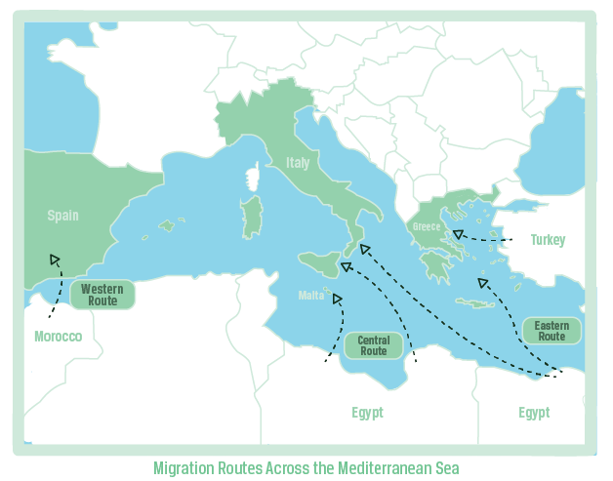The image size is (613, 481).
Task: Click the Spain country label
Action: (x=62, y=216)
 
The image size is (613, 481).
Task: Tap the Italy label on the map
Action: (x=298, y=163)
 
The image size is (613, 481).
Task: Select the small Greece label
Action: (x=427, y=226)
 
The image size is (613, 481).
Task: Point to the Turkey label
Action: (x=548, y=240)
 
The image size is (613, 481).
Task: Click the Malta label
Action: (x=310, y=296)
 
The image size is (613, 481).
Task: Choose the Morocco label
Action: (x=59, y=337)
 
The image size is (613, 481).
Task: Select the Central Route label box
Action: (x=373, y=345)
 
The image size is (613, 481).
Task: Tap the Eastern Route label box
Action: (x=552, y=331)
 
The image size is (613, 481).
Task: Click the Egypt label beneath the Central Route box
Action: (x=367, y=413)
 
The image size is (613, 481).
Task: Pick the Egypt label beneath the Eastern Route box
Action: (x=534, y=413)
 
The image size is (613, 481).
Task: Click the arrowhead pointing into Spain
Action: (x=55, y=260)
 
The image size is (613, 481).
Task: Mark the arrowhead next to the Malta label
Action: (x=338, y=298)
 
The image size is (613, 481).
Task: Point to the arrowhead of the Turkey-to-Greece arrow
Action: (x=455, y=234)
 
